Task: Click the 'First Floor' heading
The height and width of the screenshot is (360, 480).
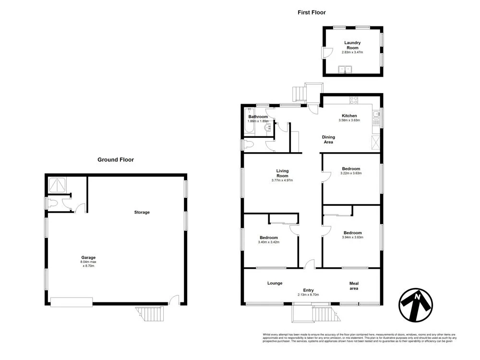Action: pyautogui.click(x=311, y=12)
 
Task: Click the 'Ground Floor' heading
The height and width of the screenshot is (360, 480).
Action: pyautogui.click(x=116, y=160)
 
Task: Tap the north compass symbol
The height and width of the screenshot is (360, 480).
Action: pyautogui.click(x=415, y=305)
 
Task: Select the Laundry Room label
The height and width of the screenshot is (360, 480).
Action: pyautogui.click(x=352, y=46)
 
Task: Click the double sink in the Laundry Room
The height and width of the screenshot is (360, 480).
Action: pyautogui.click(x=346, y=70)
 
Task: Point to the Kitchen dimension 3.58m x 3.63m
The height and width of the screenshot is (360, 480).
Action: pyautogui.click(x=349, y=120)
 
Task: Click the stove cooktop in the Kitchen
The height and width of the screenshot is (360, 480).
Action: pyautogui.click(x=355, y=100)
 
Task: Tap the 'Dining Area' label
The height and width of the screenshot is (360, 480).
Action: pyautogui.click(x=328, y=140)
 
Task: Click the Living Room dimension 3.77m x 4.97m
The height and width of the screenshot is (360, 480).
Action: pyautogui.click(x=282, y=180)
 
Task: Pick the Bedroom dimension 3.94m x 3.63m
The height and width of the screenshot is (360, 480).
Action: pyautogui.click(x=352, y=237)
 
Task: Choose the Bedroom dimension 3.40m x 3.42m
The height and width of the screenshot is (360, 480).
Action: pyautogui.click(x=269, y=242)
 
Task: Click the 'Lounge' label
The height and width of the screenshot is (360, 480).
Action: pyautogui.click(x=275, y=283)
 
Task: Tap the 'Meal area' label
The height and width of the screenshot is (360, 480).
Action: pyautogui.click(x=354, y=286)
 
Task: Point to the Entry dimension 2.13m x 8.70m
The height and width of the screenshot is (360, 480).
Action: pyautogui.click(x=308, y=295)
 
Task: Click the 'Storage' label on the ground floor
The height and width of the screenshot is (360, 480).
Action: pyautogui.click(x=142, y=212)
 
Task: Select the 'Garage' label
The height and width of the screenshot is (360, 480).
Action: pyautogui.click(x=88, y=258)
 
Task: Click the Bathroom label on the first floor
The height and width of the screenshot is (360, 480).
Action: pyautogui.click(x=258, y=117)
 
